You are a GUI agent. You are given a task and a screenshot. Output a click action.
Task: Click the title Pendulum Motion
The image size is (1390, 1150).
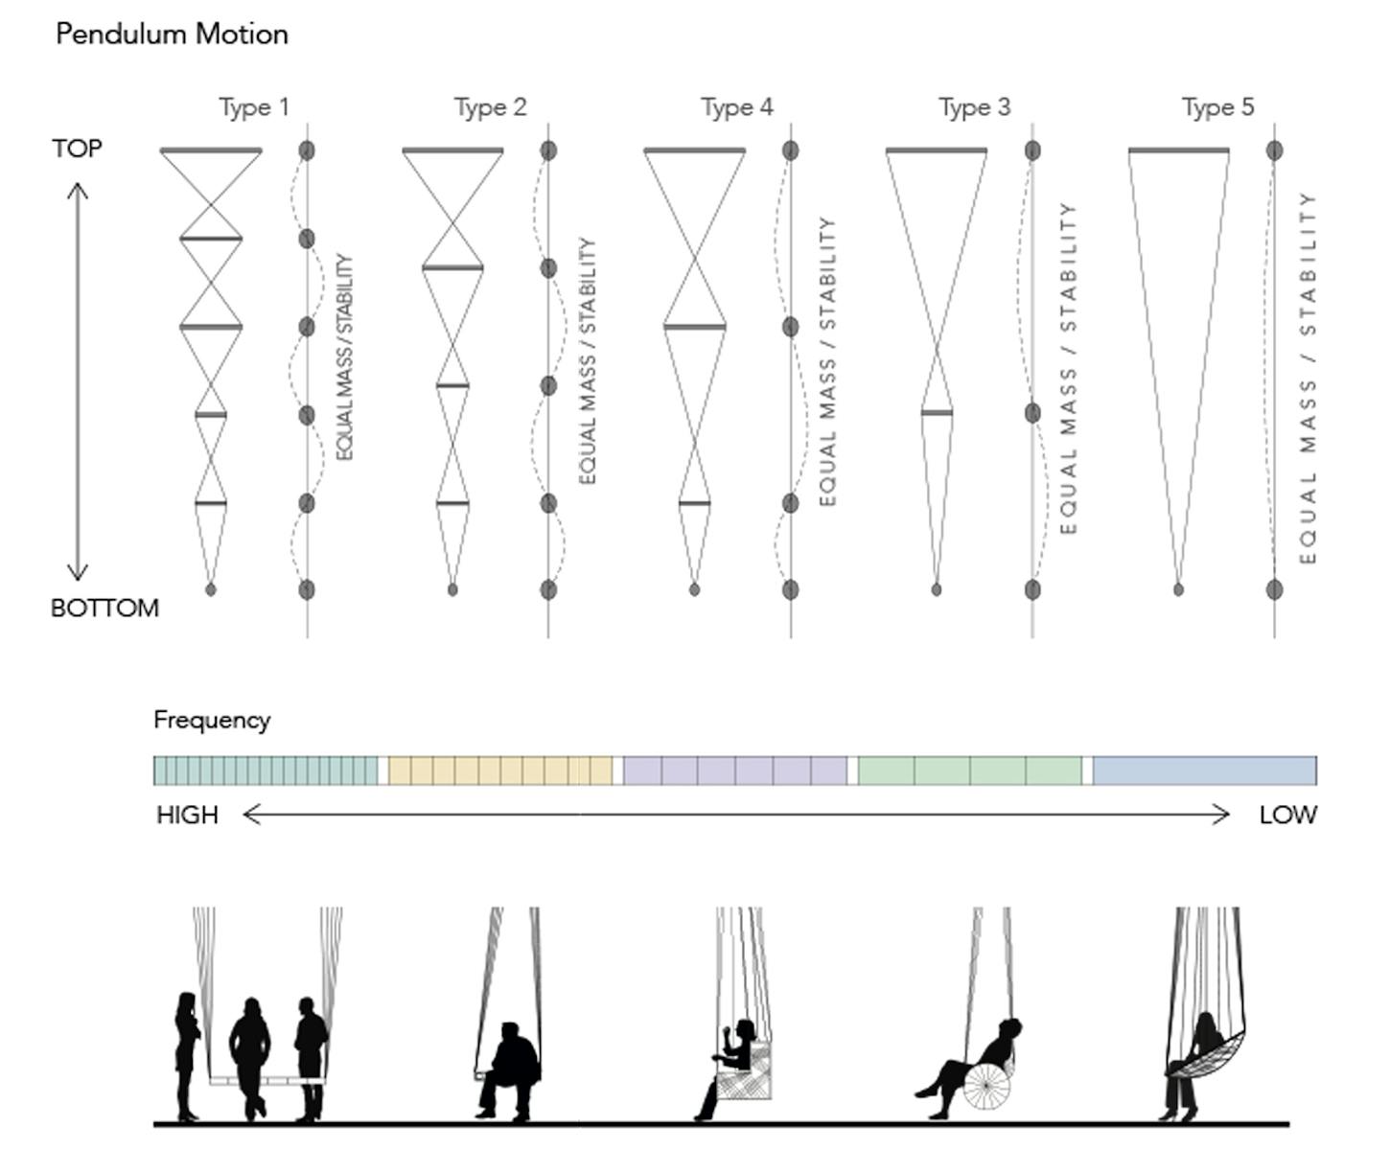pyautogui.click(x=172, y=34)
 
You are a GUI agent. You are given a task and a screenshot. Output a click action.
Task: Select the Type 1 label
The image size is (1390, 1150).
pyautogui.click(x=253, y=107)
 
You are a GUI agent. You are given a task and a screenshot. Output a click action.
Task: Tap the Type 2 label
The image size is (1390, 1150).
pyautogui.click(x=490, y=107)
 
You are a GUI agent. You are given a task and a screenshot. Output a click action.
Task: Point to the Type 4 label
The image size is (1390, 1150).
pyautogui.click(x=736, y=107)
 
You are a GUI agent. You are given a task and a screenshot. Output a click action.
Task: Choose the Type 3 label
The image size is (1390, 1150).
pyautogui.click(x=974, y=107)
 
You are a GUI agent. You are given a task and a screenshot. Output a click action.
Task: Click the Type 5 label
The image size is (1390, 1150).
pyautogui.click(x=1217, y=107)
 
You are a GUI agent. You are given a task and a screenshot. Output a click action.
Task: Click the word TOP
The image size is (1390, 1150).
pyautogui.click(x=77, y=149)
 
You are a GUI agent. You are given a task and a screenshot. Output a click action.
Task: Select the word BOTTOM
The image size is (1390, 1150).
pyautogui.click(x=104, y=609)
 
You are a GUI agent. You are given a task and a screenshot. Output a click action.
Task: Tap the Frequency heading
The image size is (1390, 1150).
pyautogui.click(x=212, y=721)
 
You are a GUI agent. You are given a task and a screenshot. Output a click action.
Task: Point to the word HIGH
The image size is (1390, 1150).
pyautogui.click(x=187, y=816)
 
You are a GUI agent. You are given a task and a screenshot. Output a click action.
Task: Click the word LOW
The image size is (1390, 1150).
pyautogui.click(x=1287, y=816)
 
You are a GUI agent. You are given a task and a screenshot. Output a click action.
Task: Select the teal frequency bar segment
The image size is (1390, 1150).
pyautogui.click(x=266, y=770)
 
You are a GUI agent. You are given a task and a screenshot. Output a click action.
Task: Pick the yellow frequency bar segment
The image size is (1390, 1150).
pyautogui.click(x=499, y=770)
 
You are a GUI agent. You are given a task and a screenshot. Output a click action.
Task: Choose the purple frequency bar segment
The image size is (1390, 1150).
pyautogui.click(x=735, y=770)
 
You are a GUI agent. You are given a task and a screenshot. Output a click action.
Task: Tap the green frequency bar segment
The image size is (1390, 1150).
pyautogui.click(x=969, y=770)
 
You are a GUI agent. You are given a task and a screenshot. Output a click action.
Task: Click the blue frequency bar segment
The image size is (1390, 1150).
pyautogui.click(x=1204, y=770)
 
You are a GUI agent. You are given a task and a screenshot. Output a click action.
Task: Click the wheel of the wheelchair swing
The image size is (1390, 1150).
pyautogui.click(x=987, y=1086)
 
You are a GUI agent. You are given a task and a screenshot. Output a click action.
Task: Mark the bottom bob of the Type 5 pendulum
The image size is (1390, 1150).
pyautogui.click(x=1178, y=589)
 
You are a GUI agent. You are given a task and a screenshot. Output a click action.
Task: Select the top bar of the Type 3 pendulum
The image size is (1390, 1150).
pyautogui.click(x=936, y=150)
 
